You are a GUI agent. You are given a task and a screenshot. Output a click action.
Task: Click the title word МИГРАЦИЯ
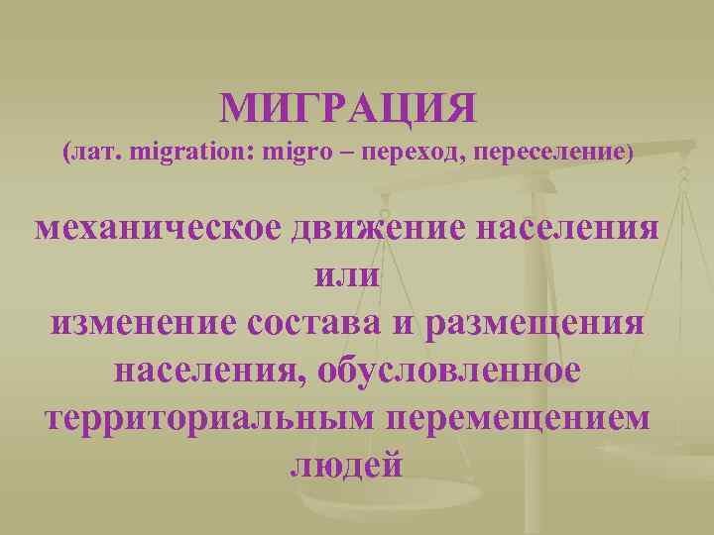coord(348,108)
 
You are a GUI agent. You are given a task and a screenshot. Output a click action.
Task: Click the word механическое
coord(158,229)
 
